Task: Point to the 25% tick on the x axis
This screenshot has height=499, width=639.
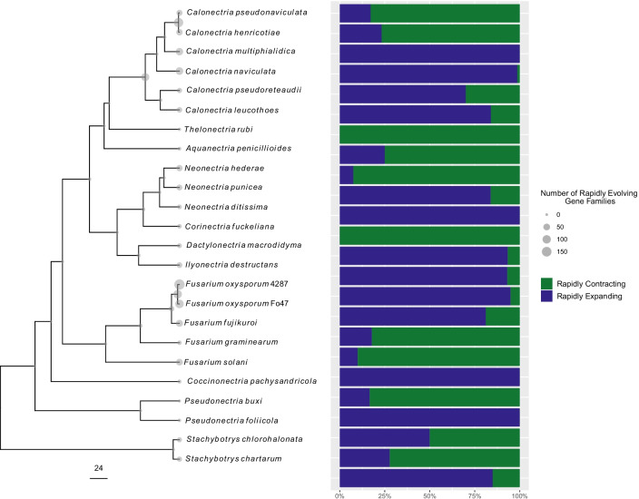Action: point(384,495)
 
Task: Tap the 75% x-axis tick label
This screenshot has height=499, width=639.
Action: point(475,495)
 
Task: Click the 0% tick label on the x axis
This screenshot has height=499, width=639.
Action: point(339,495)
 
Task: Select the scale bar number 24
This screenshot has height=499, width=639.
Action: point(99,468)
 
